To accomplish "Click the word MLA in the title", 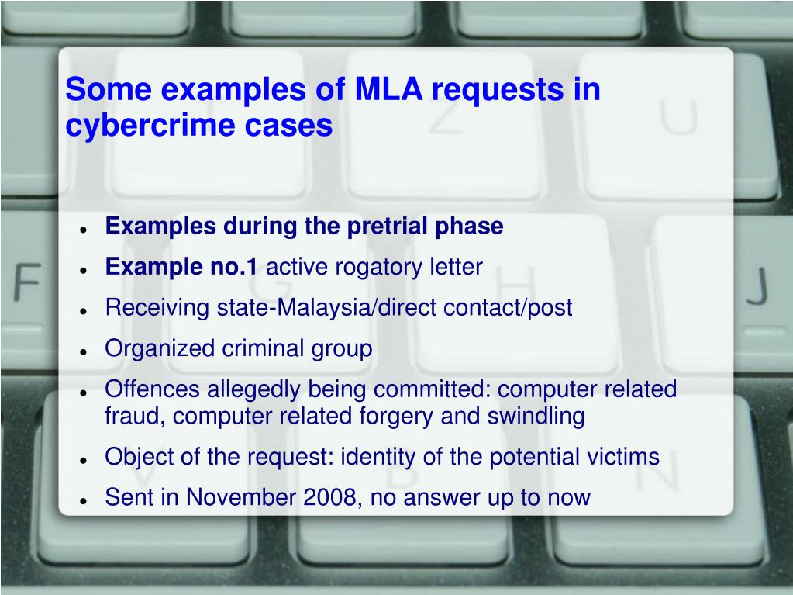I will point(388,90).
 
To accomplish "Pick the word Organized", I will point(160,349).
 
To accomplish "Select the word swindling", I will point(536,417).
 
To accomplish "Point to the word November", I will point(245,497).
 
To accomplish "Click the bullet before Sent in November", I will point(82,500).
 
